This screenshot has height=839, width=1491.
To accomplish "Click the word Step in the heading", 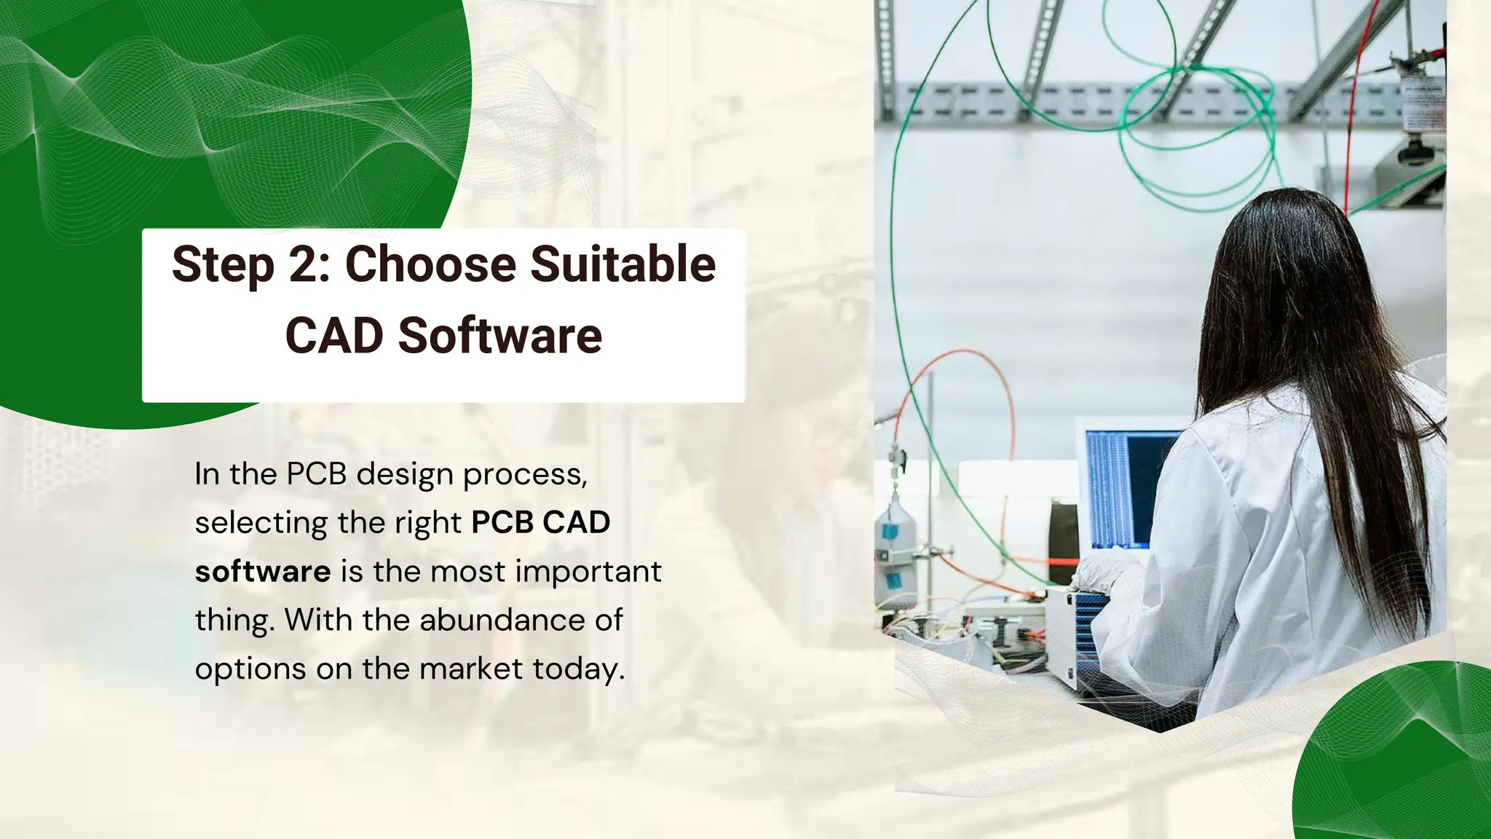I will [223, 265].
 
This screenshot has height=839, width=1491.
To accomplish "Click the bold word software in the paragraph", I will [263, 572].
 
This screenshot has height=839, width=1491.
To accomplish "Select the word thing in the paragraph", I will [234, 621].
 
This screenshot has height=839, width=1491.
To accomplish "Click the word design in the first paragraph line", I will [406, 475].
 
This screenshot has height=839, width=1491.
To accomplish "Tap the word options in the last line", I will [250, 669].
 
